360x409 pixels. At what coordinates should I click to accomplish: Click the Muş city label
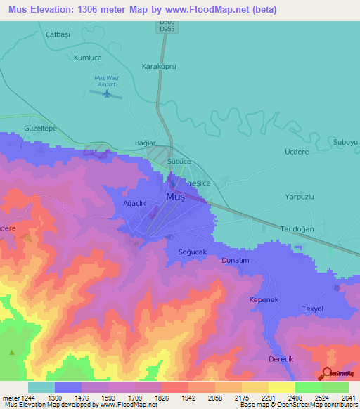coord(174,198)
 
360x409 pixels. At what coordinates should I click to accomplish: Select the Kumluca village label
coord(89,60)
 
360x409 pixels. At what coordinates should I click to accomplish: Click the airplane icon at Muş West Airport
coord(108,93)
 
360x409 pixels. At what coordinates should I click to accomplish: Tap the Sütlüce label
coord(180,161)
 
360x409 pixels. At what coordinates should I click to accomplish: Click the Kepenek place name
coord(264,300)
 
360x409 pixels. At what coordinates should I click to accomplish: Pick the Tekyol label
coord(312,309)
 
